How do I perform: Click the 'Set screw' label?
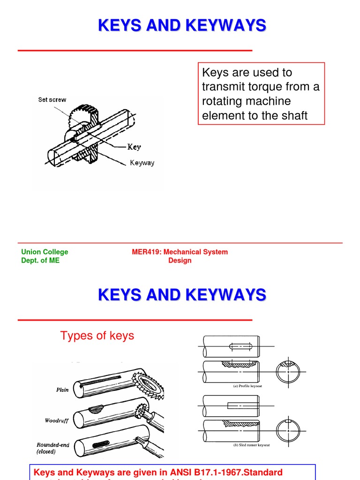click(x=52, y=100)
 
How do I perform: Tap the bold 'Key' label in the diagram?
click(x=134, y=147)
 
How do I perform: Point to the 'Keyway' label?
click(x=142, y=163)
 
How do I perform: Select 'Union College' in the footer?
click(x=45, y=252)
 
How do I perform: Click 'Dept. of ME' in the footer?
click(x=40, y=261)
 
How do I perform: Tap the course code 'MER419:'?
click(x=147, y=252)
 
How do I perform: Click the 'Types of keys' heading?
click(x=97, y=336)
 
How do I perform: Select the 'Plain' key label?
click(x=62, y=390)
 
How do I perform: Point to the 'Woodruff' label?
click(x=57, y=420)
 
